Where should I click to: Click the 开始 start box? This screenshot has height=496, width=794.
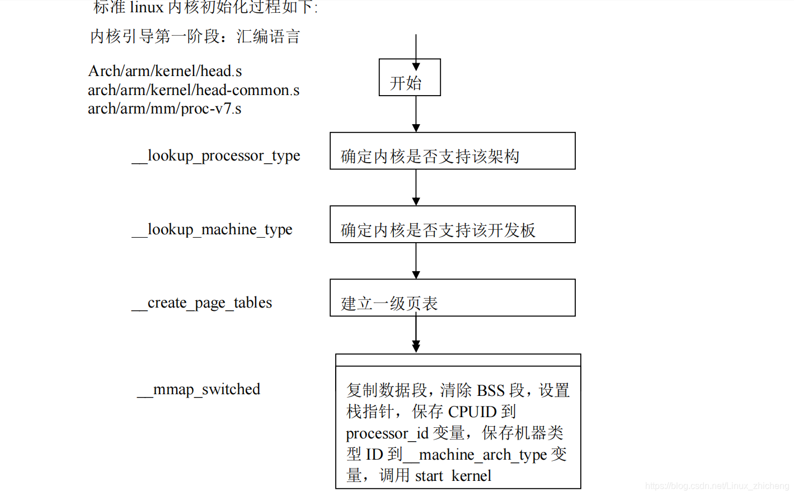410,78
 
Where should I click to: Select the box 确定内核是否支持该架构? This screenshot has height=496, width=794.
452,151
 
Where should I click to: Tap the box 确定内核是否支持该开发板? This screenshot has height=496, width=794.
452,224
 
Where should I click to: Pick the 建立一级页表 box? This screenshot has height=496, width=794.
452,297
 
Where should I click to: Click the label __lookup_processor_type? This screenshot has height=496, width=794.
216,155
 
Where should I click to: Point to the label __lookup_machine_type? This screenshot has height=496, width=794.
212,229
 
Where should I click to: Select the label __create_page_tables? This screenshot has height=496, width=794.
202,303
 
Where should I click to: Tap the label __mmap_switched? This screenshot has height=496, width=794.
199,389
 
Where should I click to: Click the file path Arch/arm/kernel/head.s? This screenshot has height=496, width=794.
165,71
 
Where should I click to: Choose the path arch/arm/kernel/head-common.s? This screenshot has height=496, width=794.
194,90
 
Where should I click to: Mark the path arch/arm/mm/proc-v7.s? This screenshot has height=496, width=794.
165,108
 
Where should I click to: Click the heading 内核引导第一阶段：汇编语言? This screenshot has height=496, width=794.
195,37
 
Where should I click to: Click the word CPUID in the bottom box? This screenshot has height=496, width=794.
472,412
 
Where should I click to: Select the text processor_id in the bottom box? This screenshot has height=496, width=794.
387,433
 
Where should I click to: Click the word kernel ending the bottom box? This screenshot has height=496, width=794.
471,476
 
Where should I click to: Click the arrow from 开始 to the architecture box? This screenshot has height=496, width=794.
416,114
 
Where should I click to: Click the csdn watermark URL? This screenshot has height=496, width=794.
717,486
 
